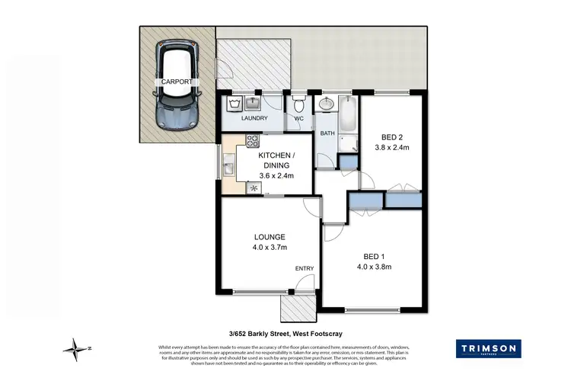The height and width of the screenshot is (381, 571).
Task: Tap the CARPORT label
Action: pyautogui.click(x=177, y=81)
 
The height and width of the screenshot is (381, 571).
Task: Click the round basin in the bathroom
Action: pyautogui.click(x=327, y=105)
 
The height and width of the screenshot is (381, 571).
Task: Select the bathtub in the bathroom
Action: pyautogui.click(x=348, y=113)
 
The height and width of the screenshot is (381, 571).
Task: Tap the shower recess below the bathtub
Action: pyautogui.click(x=348, y=142)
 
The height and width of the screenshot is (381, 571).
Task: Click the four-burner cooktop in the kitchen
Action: pyautogui.click(x=253, y=140)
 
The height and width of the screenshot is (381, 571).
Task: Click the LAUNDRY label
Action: pyautogui.click(x=254, y=119)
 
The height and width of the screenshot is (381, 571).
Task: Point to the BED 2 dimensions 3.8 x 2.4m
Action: pyautogui.click(x=392, y=148)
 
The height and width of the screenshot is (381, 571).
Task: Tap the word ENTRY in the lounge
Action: pyautogui.click(x=305, y=269)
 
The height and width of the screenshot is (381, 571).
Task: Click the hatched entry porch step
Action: pyautogui.click(x=297, y=309)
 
